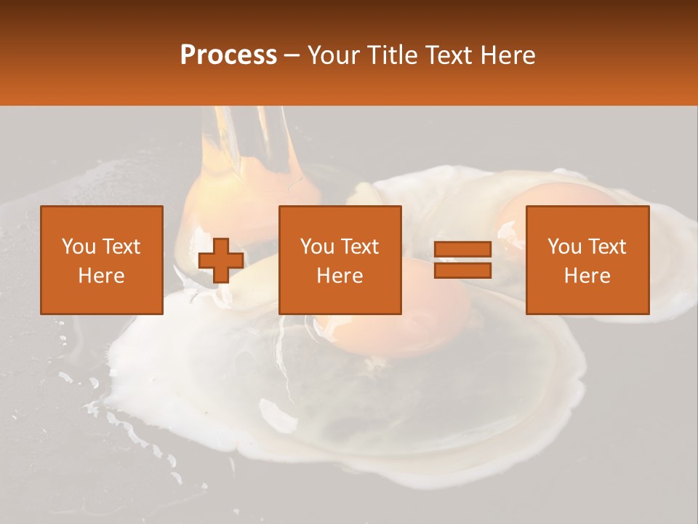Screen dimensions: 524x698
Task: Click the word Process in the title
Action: tap(228, 55)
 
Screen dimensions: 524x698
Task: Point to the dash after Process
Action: tap(292, 56)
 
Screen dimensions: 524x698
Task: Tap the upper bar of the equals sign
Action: tap(462, 250)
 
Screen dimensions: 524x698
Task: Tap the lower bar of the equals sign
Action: tap(462, 271)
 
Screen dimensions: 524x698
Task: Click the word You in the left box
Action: tap(78, 247)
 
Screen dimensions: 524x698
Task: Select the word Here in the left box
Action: tap(101, 276)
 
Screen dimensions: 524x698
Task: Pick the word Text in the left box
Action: tap(121, 247)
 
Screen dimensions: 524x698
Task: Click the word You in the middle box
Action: tap(316, 247)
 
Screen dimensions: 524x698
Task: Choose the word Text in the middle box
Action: tap(359, 247)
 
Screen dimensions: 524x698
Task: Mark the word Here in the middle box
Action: tap(340, 276)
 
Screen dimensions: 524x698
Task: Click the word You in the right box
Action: tap(563, 247)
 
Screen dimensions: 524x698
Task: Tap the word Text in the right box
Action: tap(606, 247)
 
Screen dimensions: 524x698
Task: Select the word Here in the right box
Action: tap(587, 276)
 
